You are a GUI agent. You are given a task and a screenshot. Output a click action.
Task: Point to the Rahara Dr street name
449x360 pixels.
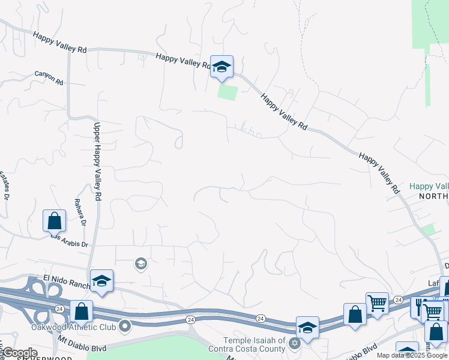(79, 214)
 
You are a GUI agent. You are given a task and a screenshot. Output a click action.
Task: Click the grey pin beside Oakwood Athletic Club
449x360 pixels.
(125, 327)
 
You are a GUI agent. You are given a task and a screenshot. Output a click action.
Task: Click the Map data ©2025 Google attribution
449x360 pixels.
(412, 355)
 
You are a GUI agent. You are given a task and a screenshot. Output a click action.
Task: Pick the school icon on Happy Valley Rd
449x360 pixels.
(221, 67)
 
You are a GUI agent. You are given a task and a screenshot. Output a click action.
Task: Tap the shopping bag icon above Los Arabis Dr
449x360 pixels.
(54, 220)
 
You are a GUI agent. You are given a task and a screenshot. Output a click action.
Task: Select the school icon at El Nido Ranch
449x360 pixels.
(101, 280)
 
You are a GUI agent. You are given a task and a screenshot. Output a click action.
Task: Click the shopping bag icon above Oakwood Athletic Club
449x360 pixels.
(81, 311)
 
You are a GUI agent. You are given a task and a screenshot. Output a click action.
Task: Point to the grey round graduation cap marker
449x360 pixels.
(141, 264)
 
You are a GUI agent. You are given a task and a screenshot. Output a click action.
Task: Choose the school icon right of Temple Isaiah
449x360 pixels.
(307, 328)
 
